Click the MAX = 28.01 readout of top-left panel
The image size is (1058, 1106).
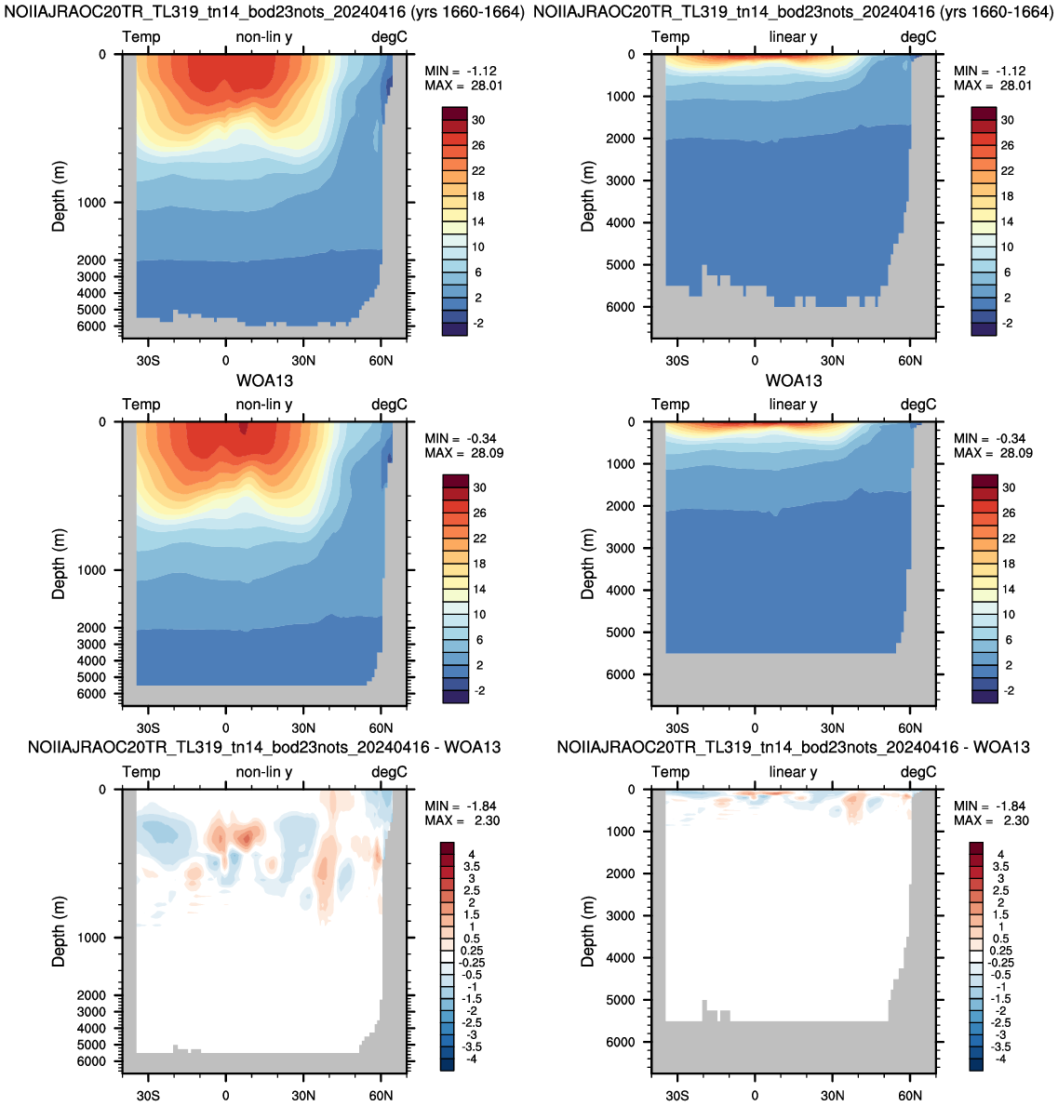tap(463, 86)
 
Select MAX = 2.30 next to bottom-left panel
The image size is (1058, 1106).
tap(463, 820)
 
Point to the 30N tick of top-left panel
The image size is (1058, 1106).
tap(303, 360)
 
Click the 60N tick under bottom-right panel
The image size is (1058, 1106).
tap(910, 1096)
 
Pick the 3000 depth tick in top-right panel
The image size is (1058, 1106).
tap(621, 180)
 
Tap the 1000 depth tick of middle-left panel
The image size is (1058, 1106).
tap(91, 570)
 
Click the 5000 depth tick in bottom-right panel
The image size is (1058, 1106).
tap(621, 999)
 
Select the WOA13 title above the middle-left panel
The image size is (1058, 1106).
tap(264, 380)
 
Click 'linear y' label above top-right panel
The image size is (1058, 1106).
tap(794, 36)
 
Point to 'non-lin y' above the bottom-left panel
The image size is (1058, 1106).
tap(264, 772)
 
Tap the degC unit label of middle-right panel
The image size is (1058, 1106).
tap(918, 405)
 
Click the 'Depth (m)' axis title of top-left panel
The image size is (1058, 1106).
tap(59, 196)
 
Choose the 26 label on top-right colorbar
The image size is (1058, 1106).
tap(1007, 145)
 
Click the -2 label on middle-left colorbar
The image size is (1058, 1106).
tap(479, 690)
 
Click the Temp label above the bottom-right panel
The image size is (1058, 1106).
tap(671, 772)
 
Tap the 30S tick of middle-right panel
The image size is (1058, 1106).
tap(676, 728)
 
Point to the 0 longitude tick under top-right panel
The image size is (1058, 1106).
tap(755, 360)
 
